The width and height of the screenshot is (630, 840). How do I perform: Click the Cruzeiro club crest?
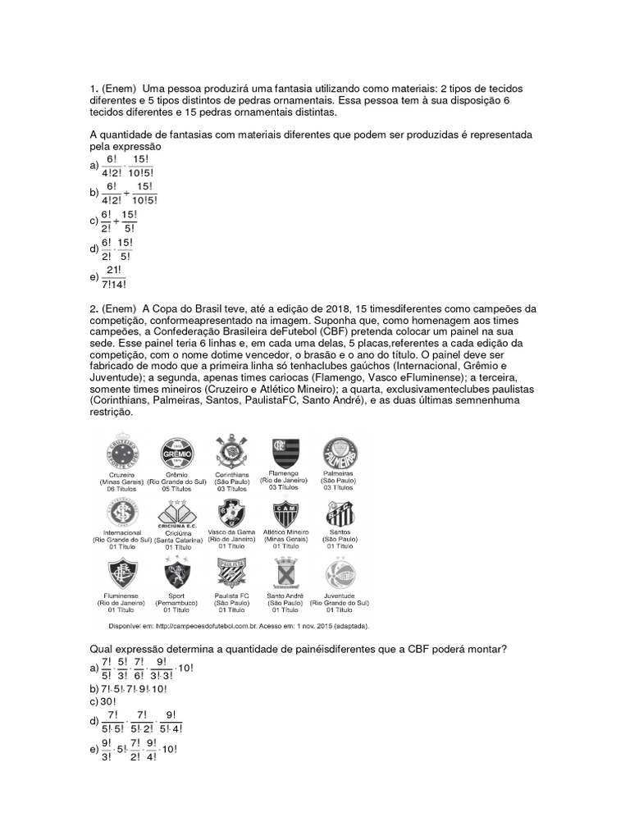pyautogui.click(x=119, y=454)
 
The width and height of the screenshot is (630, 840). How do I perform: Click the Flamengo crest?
pyautogui.click(x=285, y=453)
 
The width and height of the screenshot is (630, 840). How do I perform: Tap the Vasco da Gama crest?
pyautogui.click(x=230, y=513)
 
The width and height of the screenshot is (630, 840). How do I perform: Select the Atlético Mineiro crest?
pyautogui.click(x=285, y=514)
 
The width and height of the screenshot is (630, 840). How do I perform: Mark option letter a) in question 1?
pyautogui.click(x=94, y=166)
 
